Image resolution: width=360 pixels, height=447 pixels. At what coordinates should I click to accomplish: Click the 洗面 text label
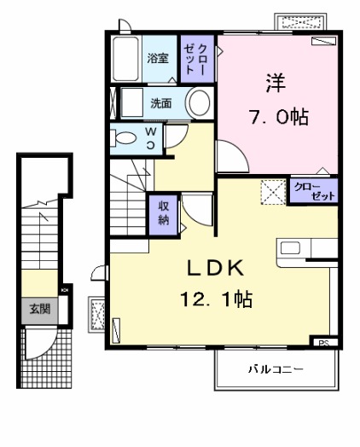pyautogui.click(x=161, y=103)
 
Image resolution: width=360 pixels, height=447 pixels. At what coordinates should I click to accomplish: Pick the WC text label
pyautogui.click(x=149, y=137)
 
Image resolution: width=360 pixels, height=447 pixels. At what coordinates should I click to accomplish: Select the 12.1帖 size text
pyautogui.click(x=216, y=300)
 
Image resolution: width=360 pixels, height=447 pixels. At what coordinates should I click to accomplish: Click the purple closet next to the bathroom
pyautogui.click(x=190, y=58)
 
